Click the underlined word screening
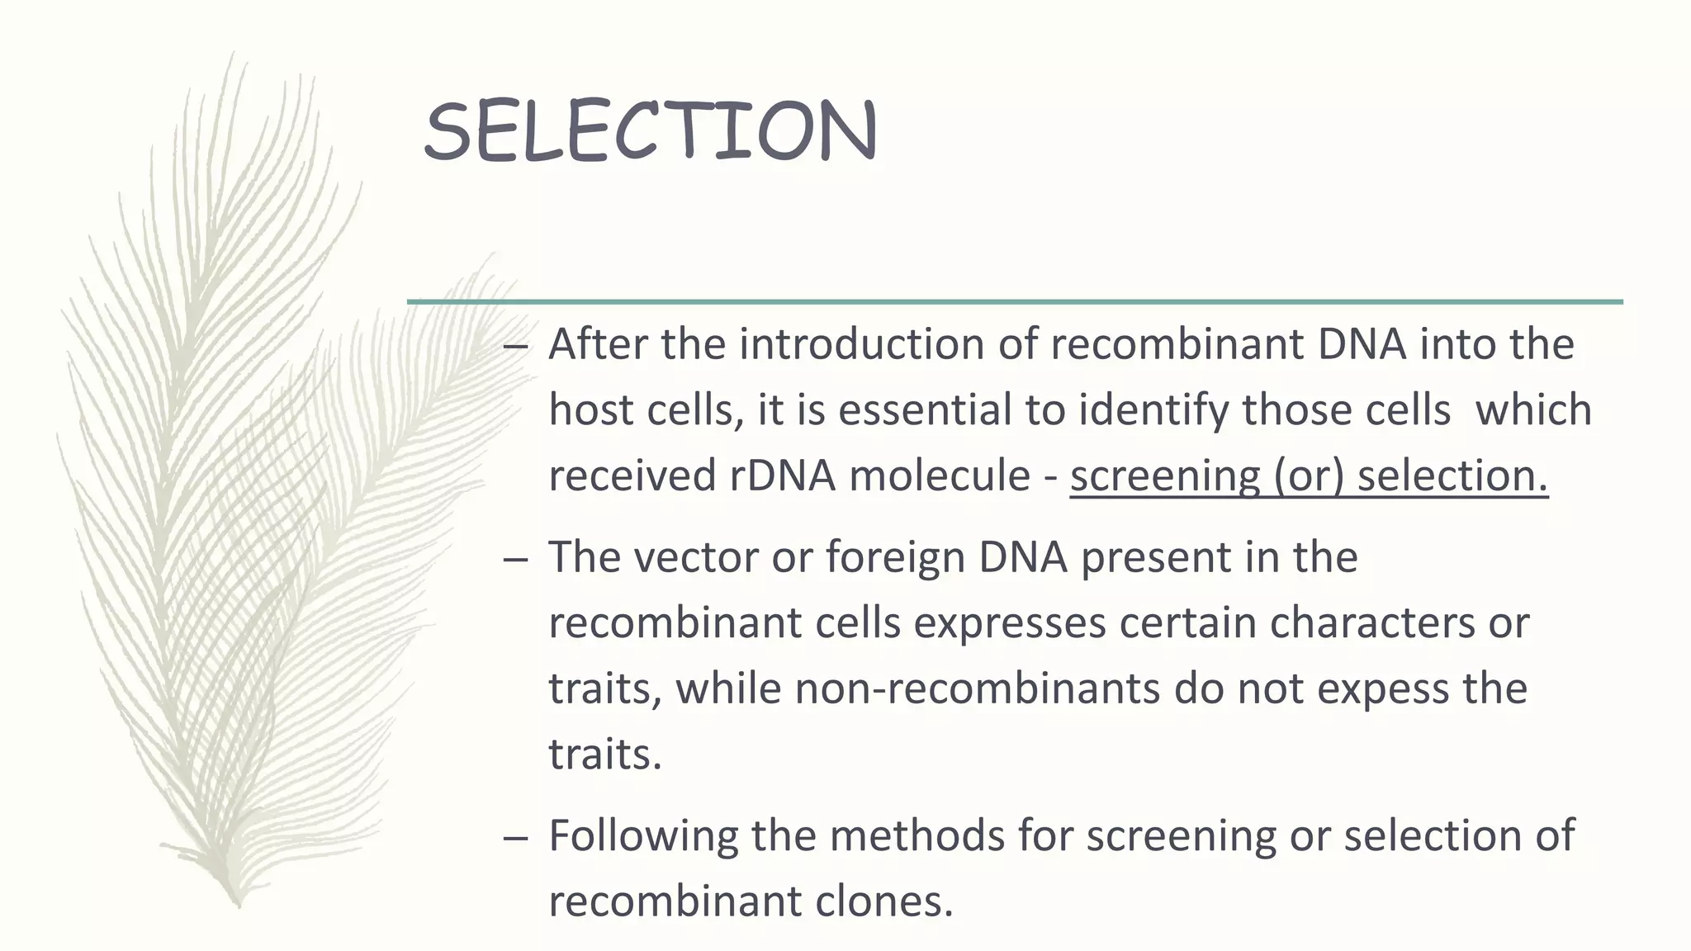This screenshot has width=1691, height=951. [1165, 476]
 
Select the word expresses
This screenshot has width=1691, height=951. [1009, 623]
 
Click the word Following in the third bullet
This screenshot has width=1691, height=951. [643, 835]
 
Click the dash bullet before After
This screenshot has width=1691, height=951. [514, 347]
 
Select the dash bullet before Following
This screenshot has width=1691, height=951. [514, 838]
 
